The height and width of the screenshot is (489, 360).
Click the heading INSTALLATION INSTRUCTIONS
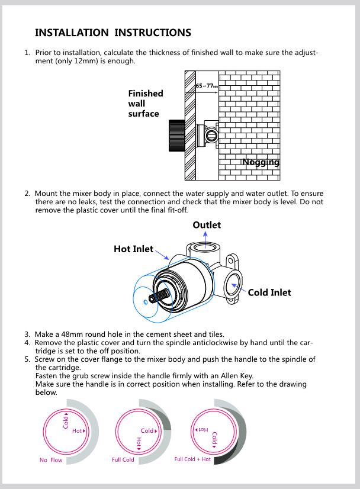coord(113,33)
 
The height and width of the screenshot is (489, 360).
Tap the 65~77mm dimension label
coord(207,86)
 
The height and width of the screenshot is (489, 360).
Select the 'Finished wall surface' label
coord(145,103)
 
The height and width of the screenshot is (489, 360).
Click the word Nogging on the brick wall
coord(261,162)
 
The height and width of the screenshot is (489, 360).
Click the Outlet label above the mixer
coord(207,225)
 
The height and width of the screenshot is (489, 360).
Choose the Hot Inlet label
coord(133,249)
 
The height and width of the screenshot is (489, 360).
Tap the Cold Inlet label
coord(269,292)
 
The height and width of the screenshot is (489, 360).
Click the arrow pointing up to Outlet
coord(206,235)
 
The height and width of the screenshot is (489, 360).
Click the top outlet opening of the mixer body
coord(205,248)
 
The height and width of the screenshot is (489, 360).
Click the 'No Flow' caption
coord(51,460)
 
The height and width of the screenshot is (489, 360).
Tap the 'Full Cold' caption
coord(123,460)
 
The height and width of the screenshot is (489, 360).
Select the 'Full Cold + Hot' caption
coord(192,459)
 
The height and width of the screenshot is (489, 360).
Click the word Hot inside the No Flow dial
coord(77,431)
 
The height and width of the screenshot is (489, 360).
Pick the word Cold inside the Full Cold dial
coord(147,431)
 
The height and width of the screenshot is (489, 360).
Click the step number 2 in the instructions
coord(27,194)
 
